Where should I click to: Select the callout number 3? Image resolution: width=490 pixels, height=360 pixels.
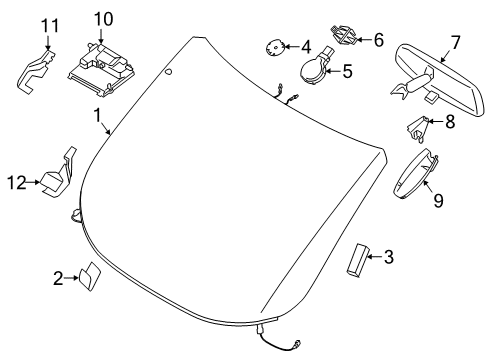pos(387,258)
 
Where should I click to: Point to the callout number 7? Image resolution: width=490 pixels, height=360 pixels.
pos(454,43)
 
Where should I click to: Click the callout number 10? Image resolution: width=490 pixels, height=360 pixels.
pos(104,19)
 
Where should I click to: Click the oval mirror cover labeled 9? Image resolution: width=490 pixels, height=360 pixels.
pos(415,176)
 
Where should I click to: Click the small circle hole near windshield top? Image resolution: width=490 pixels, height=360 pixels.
pos(168,73)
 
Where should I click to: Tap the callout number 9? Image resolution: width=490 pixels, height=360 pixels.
pos(437,201)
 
